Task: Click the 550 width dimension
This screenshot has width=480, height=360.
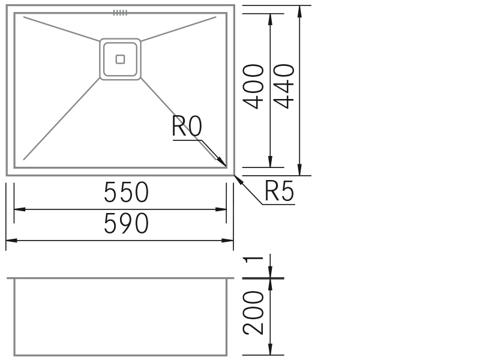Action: point(126,192)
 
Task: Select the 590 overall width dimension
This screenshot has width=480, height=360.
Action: point(126,223)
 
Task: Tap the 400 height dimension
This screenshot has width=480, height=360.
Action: point(253,86)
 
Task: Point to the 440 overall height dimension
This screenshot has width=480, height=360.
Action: point(284,86)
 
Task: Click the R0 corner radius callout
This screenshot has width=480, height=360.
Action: point(187,126)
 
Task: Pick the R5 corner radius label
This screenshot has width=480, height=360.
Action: point(279,191)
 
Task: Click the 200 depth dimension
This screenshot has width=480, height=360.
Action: point(253,313)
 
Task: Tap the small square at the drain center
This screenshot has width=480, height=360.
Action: point(121,59)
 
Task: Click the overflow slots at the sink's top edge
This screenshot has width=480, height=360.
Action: point(120,13)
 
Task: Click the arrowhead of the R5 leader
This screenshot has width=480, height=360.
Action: point(239,181)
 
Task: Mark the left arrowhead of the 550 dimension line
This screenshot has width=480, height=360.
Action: point(20,209)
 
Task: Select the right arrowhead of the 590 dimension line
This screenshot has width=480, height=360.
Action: point(227,241)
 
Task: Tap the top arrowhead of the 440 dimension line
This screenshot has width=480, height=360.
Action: point(299,11)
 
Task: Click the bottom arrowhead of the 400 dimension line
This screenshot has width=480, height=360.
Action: point(270,161)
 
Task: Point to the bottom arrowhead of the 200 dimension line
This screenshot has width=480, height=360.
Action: point(270,349)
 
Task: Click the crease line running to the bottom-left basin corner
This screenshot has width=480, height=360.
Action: point(62,119)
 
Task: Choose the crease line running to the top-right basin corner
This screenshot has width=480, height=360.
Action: point(178,29)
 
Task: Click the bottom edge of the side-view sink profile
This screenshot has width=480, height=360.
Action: point(121,355)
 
